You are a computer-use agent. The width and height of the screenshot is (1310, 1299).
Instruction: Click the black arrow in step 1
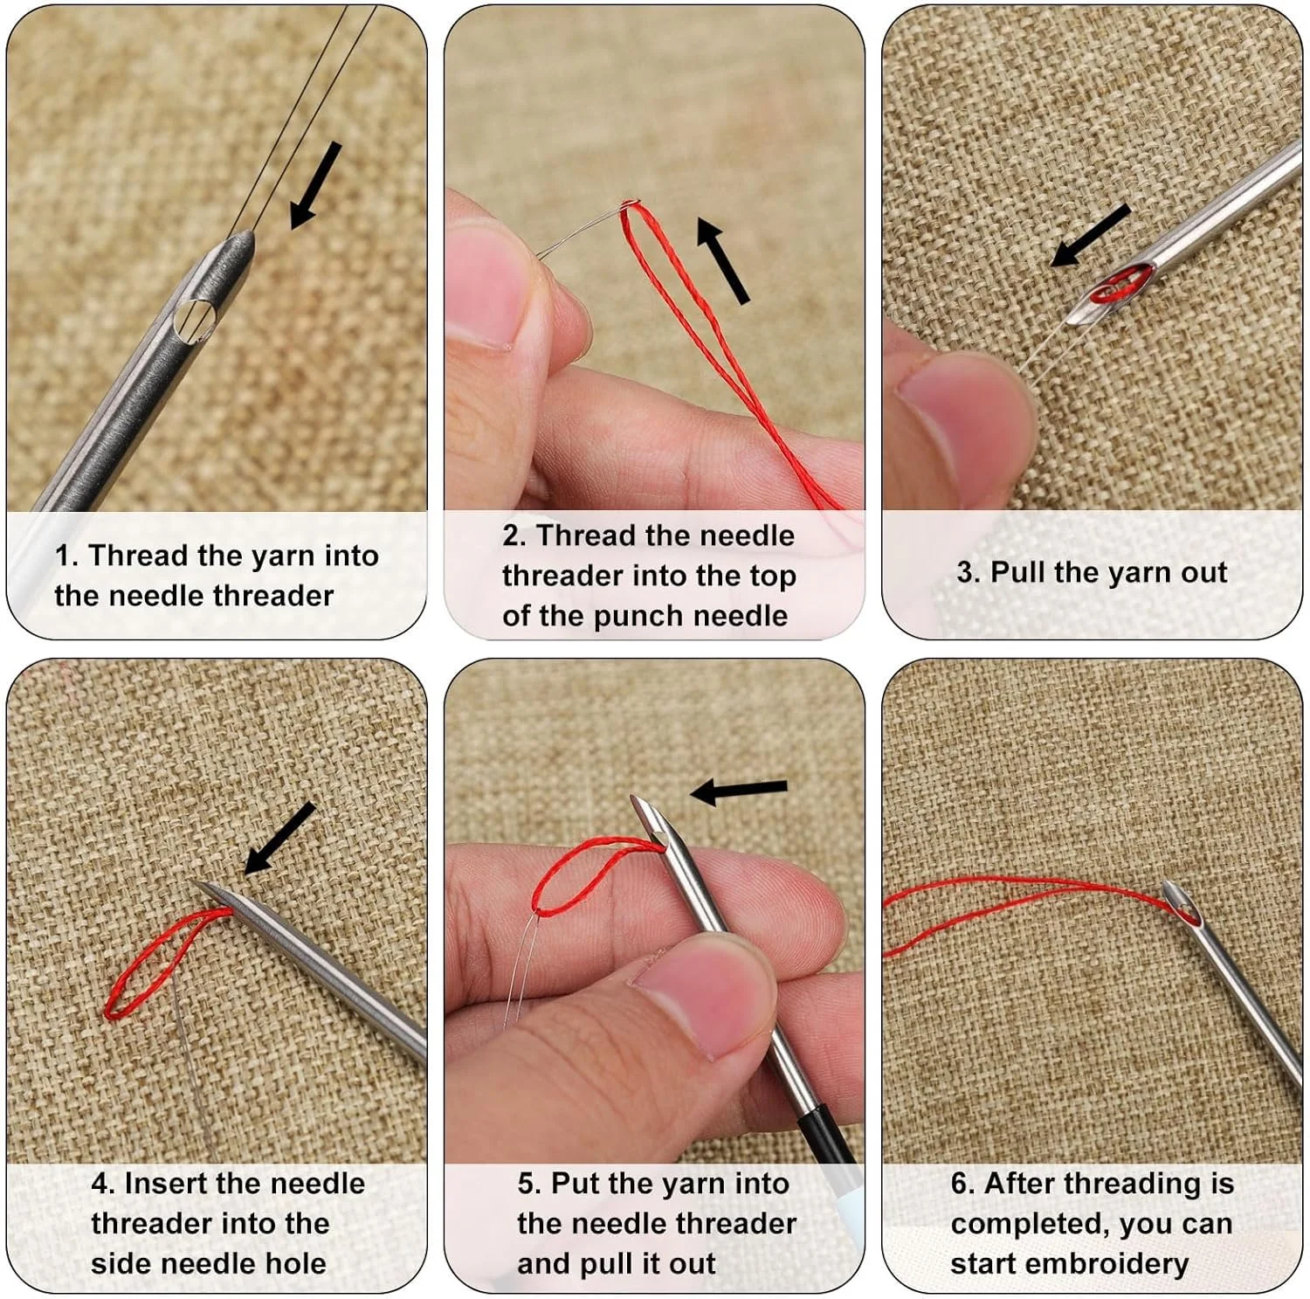pos(315,185)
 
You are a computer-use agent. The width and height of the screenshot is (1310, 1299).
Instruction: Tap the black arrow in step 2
pos(723,261)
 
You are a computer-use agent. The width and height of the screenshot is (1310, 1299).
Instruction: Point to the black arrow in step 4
pos(279,838)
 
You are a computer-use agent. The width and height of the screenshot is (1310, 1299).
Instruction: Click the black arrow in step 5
pos(739,791)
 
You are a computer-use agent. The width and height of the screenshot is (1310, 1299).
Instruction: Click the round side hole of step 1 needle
pos(195,319)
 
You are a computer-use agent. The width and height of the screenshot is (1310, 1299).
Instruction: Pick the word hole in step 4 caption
pos(293,1263)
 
